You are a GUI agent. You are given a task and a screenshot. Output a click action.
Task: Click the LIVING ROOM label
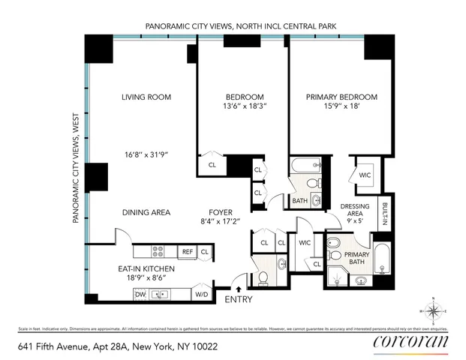(x=147, y=97)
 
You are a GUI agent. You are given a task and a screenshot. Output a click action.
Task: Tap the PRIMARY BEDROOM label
(x=341, y=97)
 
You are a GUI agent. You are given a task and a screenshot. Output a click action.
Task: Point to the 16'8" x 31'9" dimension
(x=147, y=154)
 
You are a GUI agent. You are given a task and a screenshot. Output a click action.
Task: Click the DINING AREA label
(x=146, y=212)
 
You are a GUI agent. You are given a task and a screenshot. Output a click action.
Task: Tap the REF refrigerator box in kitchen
(x=188, y=251)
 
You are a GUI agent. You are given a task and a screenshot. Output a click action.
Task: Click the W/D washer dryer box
(x=201, y=295)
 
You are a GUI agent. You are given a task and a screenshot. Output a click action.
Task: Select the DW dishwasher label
(x=140, y=295)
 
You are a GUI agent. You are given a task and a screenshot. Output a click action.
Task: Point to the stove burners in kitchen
(x=159, y=251)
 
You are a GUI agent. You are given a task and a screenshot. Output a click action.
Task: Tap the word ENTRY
(x=238, y=300)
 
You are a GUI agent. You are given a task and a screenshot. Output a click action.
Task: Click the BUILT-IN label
(x=383, y=214)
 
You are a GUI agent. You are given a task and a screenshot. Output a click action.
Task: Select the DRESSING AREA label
(x=353, y=212)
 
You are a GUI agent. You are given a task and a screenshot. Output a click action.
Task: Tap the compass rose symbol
(x=434, y=310)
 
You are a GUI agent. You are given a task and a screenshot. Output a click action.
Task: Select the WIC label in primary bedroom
(x=365, y=175)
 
